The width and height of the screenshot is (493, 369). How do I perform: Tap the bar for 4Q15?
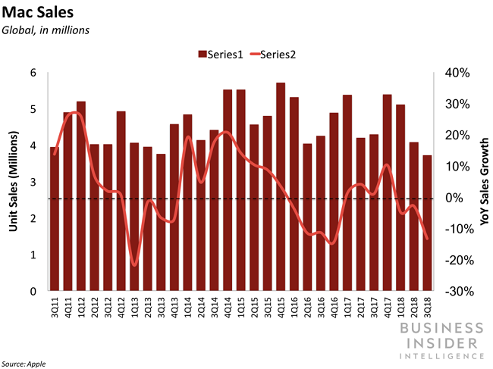281,187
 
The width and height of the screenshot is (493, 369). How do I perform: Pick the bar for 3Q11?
54,219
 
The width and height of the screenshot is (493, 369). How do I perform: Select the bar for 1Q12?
80,196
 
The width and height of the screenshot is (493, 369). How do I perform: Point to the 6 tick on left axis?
33,73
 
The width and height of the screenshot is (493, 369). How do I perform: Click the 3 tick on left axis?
33,182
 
